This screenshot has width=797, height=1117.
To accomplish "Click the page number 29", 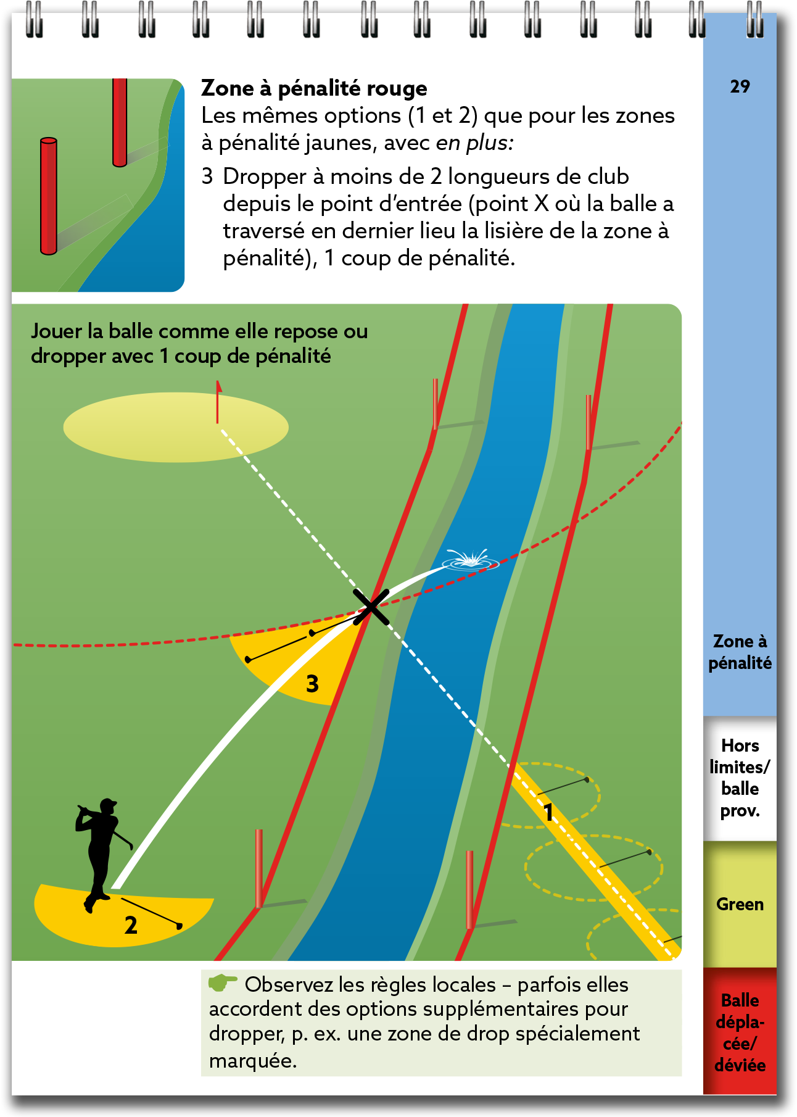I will [x=740, y=86].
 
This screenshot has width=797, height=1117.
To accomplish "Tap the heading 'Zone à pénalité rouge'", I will [x=314, y=88].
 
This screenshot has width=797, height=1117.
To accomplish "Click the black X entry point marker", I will [x=371, y=607].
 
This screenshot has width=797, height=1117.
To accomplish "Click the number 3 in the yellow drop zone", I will [x=313, y=684].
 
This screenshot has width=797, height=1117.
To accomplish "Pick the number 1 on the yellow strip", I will [x=548, y=812].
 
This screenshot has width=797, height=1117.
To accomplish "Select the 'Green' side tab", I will [x=740, y=904].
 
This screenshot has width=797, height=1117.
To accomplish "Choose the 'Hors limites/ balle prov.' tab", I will [x=740, y=778].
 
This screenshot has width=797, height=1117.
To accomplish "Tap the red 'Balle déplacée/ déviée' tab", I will [x=740, y=1032].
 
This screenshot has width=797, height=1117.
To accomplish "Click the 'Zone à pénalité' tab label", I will [x=740, y=652].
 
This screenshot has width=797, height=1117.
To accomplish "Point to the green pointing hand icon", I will [x=222, y=982].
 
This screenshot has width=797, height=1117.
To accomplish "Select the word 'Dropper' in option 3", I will [x=265, y=177].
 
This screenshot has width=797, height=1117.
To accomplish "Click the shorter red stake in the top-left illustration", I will [x=120, y=122].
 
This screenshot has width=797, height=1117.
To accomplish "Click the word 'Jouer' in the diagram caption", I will [x=56, y=331].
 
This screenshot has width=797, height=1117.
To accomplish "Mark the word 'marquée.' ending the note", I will [x=253, y=1061].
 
